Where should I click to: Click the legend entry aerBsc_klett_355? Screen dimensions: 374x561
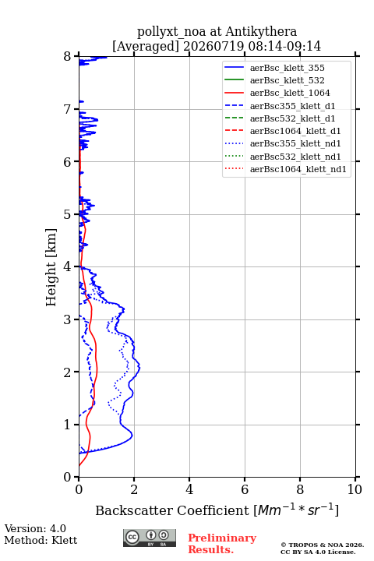(287, 68)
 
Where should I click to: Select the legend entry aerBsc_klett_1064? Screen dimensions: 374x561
(290, 93)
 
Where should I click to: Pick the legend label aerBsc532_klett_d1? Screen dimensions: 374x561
(292, 118)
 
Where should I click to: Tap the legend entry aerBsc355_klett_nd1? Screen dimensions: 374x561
(295, 143)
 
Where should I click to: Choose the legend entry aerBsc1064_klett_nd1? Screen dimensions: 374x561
(298, 169)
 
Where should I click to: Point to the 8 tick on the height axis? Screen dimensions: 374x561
(68, 57)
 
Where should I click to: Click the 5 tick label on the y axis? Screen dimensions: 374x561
(68, 215)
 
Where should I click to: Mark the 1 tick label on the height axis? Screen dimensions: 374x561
(68, 425)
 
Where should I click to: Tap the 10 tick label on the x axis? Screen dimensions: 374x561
(355, 489)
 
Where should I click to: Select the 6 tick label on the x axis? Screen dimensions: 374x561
(245, 489)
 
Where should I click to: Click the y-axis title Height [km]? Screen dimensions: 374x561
(51, 267)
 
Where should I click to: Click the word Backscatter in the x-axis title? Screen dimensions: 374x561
(136, 510)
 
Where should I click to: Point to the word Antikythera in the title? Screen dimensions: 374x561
(261, 32)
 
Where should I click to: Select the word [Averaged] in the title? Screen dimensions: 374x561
(146, 47)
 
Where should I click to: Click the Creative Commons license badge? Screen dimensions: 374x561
(150, 538)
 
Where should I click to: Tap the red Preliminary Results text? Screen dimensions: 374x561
(222, 544)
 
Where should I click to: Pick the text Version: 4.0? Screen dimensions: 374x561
(35, 529)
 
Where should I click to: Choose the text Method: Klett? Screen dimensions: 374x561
(41, 540)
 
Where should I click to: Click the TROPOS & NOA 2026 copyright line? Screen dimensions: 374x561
(322, 545)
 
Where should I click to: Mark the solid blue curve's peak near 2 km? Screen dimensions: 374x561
(139, 368)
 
